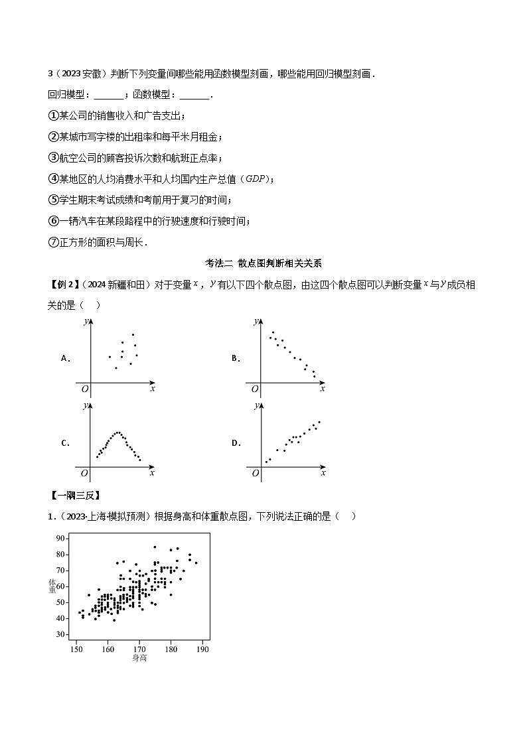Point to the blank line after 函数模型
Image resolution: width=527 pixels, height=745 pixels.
click(194, 95)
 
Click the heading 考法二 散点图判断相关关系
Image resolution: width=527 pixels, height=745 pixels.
click(263, 263)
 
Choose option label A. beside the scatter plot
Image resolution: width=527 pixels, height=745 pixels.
click(66, 358)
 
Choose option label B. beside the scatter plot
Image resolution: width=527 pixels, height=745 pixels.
click(235, 358)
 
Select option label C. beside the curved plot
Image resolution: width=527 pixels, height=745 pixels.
click(66, 443)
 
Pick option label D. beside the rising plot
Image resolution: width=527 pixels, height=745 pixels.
click(236, 443)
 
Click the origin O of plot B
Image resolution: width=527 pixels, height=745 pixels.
click(254, 389)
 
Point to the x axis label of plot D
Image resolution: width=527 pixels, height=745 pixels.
click(323, 473)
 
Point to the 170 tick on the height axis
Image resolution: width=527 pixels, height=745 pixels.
click(139, 649)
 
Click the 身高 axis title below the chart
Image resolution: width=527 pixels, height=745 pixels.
click(139, 658)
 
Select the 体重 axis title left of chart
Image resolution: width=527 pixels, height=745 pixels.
click(52, 586)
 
